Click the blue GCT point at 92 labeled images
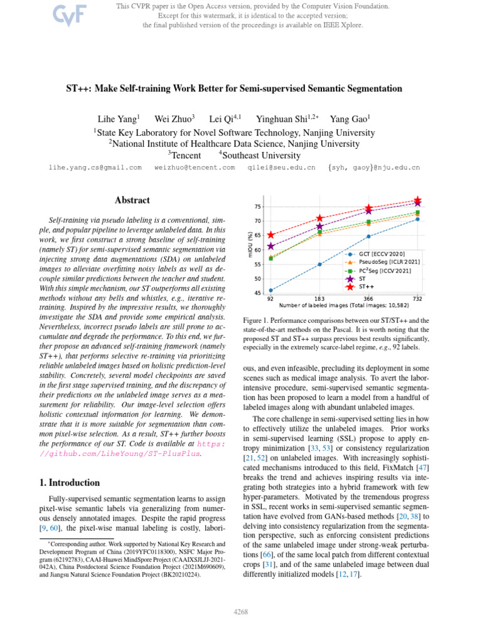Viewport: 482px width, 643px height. click(x=270, y=290)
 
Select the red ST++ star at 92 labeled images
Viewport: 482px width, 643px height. click(x=270, y=235)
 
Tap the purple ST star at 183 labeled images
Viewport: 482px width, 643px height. click(x=319, y=227)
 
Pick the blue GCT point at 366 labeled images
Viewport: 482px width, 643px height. click(x=368, y=237)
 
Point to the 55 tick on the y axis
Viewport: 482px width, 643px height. click(x=258, y=264)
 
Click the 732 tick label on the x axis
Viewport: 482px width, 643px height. click(x=417, y=299)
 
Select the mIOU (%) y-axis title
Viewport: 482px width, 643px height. click(x=251, y=244)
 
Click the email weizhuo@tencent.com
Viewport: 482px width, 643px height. click(x=195, y=168)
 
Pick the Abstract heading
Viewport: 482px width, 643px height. click(x=132, y=200)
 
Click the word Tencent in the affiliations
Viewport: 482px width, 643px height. click(x=186, y=155)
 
